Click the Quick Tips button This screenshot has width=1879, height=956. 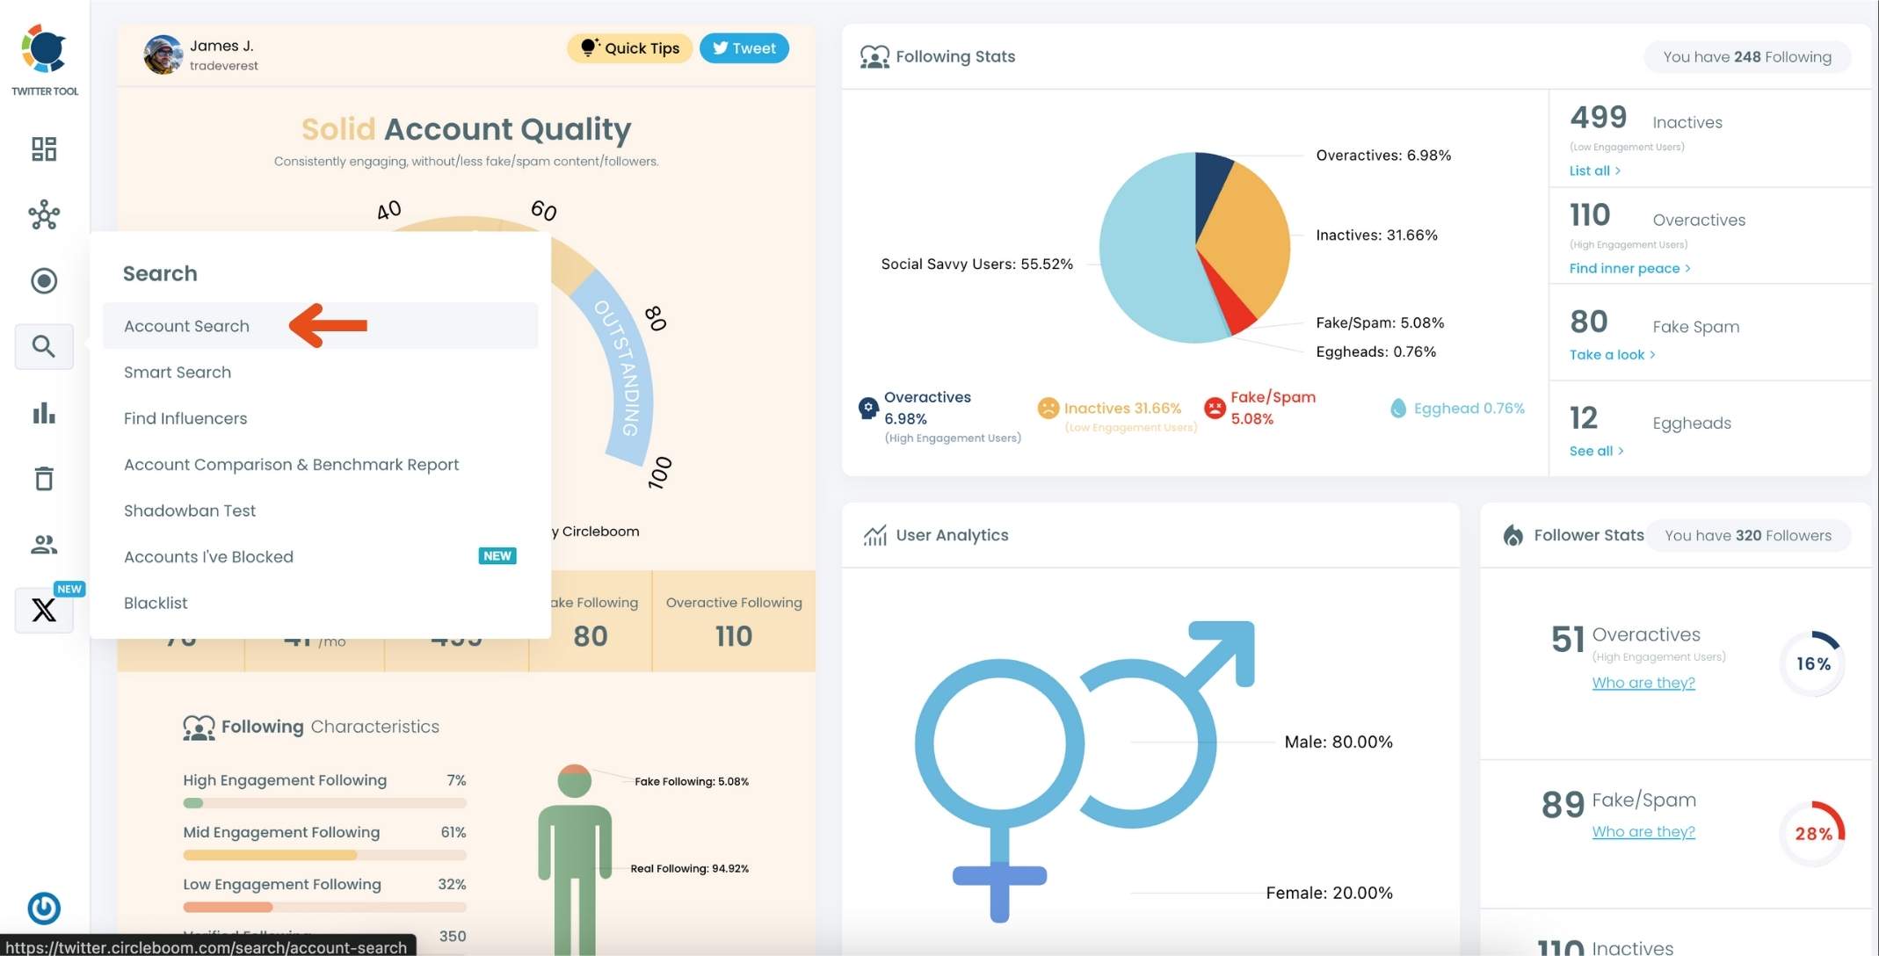pyautogui.click(x=629, y=48)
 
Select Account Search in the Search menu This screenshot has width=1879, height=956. pyautogui.click(x=186, y=326)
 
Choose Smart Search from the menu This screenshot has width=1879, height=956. pyautogui.click(x=178, y=373)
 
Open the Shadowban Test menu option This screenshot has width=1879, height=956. pyautogui.click(x=190, y=511)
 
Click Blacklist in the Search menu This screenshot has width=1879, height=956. pyautogui.click(x=156, y=603)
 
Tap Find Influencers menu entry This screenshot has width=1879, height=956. pyautogui.click(x=185, y=418)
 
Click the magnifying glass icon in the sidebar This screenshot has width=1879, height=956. pyautogui.click(x=44, y=346)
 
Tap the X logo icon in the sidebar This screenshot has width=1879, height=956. pyautogui.click(x=44, y=610)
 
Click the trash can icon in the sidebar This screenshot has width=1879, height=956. pyautogui.click(x=44, y=478)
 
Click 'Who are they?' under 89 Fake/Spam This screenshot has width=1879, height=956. pyautogui.click(x=1643, y=831)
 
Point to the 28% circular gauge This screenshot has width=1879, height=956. pyautogui.click(x=1812, y=833)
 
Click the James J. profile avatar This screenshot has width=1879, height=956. pyautogui.click(x=163, y=54)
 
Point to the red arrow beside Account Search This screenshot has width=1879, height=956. pyautogui.click(x=328, y=325)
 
